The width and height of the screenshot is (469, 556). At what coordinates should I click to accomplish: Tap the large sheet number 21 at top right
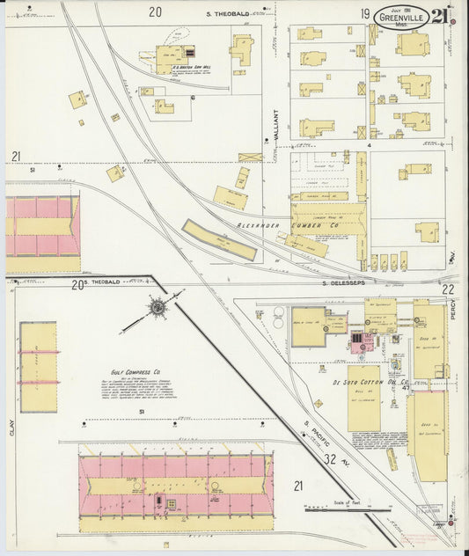[x=439, y=15]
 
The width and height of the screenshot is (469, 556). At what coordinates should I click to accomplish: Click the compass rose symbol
[x=157, y=308]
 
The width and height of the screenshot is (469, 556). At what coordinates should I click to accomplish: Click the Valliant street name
[x=275, y=125]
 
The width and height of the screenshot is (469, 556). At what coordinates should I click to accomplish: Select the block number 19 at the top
[x=363, y=13]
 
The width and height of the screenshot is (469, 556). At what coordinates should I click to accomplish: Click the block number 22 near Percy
[x=448, y=289]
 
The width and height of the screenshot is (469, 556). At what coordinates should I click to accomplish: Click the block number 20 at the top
[x=155, y=12]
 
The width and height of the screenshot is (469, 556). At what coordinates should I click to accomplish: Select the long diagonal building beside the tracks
[x=219, y=240]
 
